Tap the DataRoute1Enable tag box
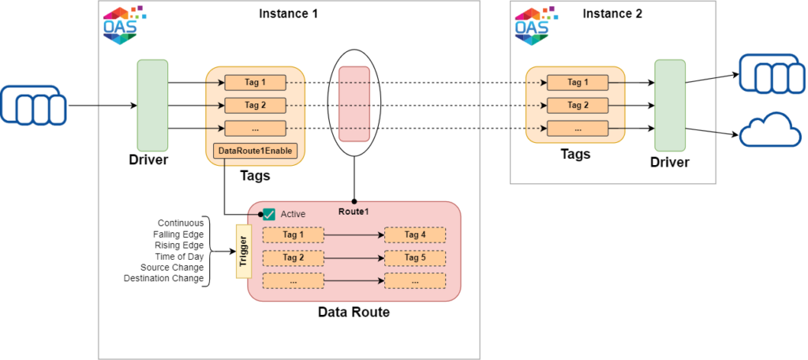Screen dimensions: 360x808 (x=254, y=149)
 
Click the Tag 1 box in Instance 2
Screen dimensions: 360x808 (x=578, y=82)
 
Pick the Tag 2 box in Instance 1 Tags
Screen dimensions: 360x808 (x=254, y=105)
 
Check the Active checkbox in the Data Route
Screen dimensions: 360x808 (x=269, y=214)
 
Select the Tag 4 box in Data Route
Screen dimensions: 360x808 (x=414, y=234)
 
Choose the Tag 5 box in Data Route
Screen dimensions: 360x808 (x=414, y=257)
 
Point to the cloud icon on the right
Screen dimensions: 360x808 (x=764, y=129)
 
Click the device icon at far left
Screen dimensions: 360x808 (x=33, y=106)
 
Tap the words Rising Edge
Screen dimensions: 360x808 (x=179, y=246)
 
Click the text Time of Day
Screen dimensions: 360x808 (x=179, y=257)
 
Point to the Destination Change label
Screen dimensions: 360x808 (x=164, y=279)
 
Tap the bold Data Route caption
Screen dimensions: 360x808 (x=353, y=313)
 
